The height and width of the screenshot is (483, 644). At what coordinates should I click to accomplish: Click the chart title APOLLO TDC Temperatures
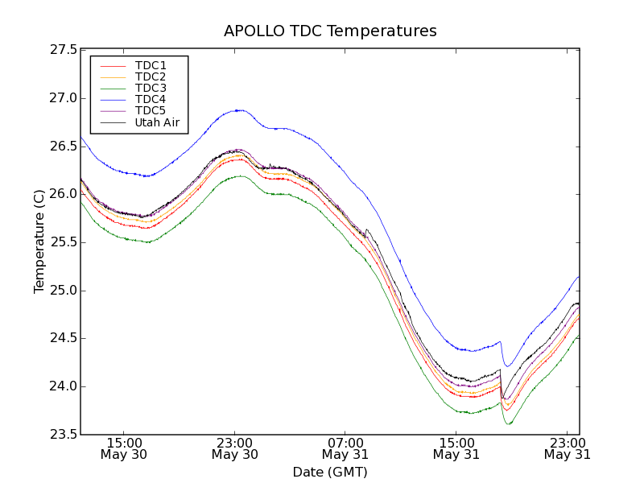pyautogui.click(x=330, y=31)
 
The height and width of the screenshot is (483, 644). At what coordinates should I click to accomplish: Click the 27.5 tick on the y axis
pyautogui.click(x=64, y=50)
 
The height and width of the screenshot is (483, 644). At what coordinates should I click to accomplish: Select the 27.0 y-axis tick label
pyautogui.click(x=64, y=98)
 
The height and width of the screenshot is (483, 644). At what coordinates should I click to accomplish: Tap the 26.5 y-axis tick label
pyautogui.click(x=64, y=147)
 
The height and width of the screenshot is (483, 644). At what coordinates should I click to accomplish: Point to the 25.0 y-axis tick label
pyautogui.click(x=64, y=291)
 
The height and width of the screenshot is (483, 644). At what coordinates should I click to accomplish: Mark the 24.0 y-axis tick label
pyautogui.click(x=64, y=386)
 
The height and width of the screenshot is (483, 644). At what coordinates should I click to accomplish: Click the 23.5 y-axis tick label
pyautogui.click(x=64, y=435)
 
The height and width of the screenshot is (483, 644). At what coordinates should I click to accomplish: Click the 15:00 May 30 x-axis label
pyautogui.click(x=125, y=448)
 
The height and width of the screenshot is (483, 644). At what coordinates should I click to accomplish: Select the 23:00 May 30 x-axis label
pyautogui.click(x=235, y=448)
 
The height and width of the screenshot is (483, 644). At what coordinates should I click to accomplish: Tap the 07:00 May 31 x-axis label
pyautogui.click(x=345, y=448)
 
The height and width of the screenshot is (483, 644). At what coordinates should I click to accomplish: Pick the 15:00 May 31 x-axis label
pyautogui.click(x=456, y=448)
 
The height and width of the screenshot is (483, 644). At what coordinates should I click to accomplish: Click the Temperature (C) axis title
pyautogui.click(x=39, y=242)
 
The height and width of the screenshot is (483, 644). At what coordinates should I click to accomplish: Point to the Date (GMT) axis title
pyautogui.click(x=330, y=472)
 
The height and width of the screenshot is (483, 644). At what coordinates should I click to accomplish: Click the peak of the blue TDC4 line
pyautogui.click(x=237, y=110)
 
